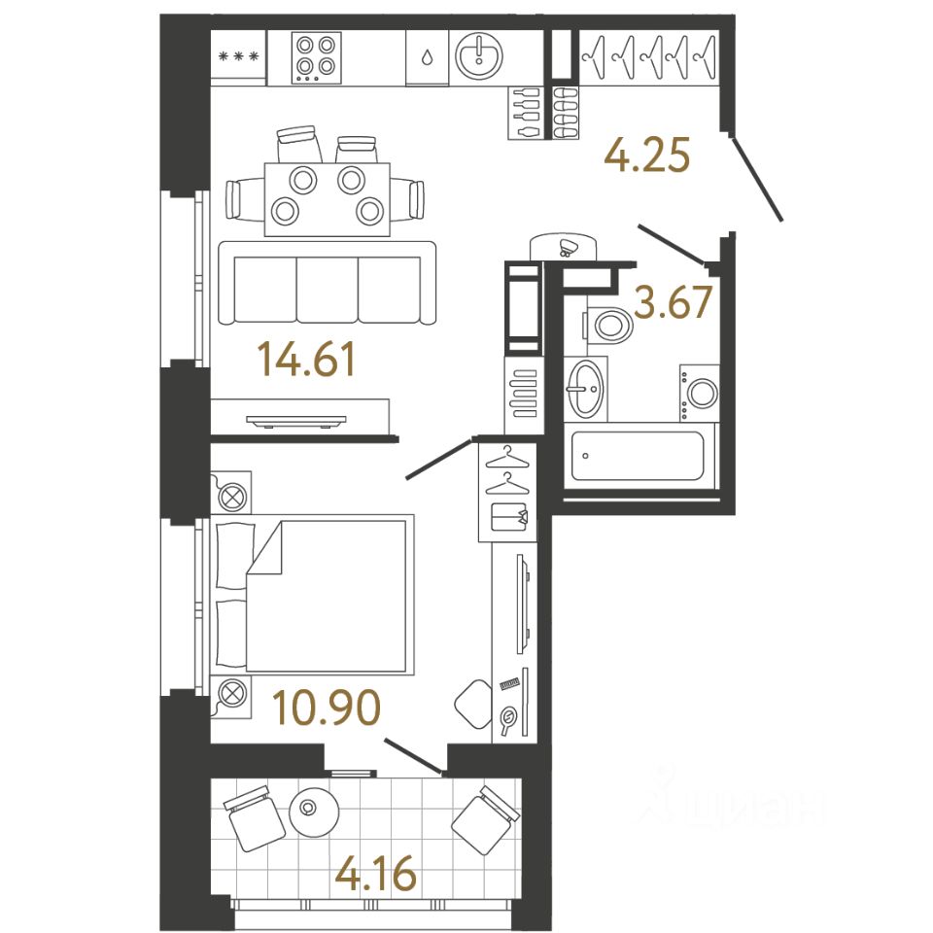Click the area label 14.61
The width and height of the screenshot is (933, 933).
[x=307, y=362]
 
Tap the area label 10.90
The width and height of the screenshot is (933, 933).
[x=326, y=708]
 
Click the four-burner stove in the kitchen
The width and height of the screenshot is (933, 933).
[x=316, y=56]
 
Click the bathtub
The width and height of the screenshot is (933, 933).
[x=638, y=455]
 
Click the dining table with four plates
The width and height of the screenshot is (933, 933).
[x=327, y=197]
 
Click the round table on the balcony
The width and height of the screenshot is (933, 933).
[x=312, y=808]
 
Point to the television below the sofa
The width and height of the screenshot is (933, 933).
[x=296, y=420]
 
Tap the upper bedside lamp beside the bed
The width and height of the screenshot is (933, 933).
[x=232, y=494]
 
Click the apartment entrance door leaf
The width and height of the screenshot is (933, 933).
[x=758, y=181]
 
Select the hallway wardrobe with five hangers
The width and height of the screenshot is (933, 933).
[x=650, y=54]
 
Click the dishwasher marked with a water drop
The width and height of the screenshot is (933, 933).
[x=426, y=56]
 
